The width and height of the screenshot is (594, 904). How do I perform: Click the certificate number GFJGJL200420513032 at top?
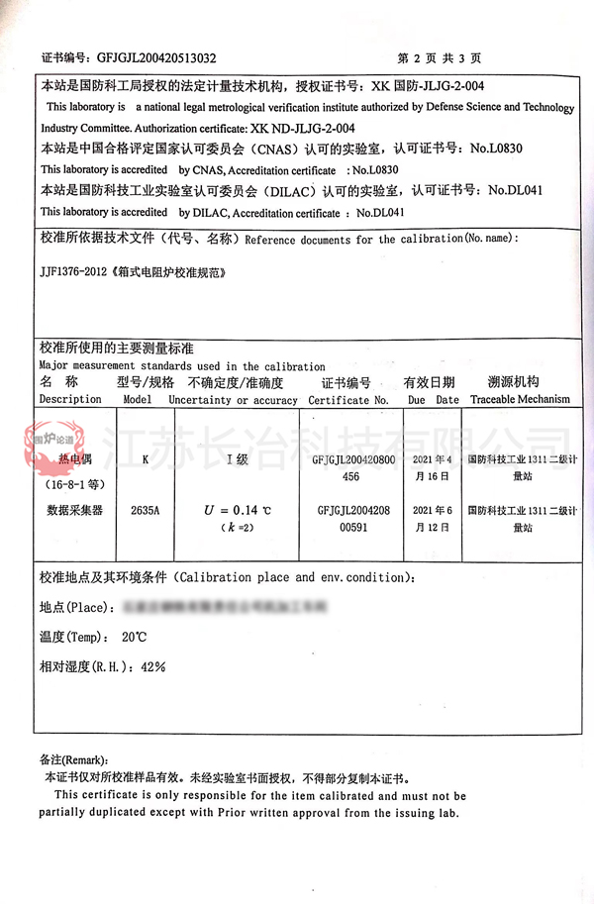pyautogui.click(x=154, y=57)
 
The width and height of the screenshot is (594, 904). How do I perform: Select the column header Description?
pyautogui.click(x=70, y=400)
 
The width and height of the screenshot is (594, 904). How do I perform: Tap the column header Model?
pyautogui.click(x=138, y=400)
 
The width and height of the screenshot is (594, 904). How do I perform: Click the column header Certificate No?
pyautogui.click(x=348, y=401)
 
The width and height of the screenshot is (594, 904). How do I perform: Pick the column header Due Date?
pyautogui.click(x=434, y=400)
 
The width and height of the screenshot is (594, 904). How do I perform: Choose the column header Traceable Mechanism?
pyautogui.click(x=520, y=400)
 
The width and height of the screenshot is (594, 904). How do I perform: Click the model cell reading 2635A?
pyautogui.click(x=145, y=511)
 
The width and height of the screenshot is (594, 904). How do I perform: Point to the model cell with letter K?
pyautogui.click(x=146, y=460)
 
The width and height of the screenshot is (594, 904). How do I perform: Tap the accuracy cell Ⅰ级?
pyautogui.click(x=237, y=460)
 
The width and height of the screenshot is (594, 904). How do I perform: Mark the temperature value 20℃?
pyautogui.click(x=134, y=637)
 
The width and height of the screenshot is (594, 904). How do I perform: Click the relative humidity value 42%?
pyautogui.click(x=152, y=667)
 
